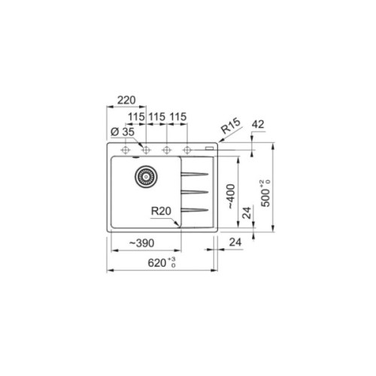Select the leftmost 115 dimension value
135,118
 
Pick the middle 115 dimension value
156,118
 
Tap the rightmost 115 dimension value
177,118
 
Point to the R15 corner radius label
229,129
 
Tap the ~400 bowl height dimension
233,194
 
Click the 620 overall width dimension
159,263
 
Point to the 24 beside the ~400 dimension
245,214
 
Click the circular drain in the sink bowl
144,177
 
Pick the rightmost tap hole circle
186,149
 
